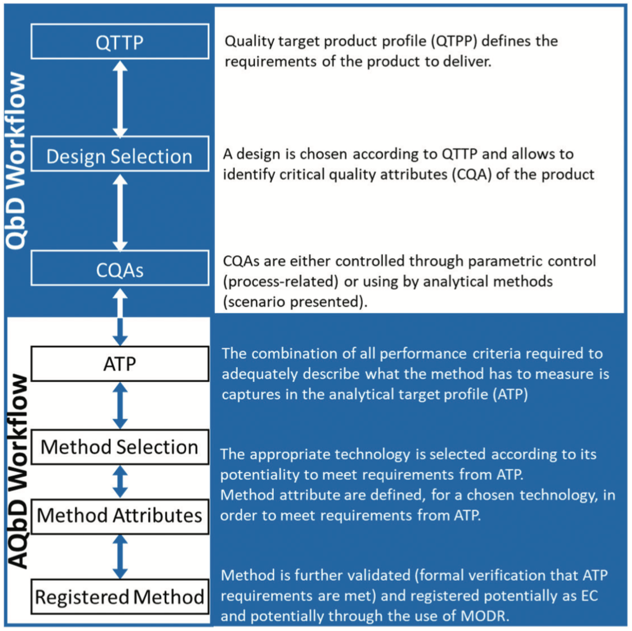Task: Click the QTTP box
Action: click(120, 42)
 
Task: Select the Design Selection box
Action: click(120, 153)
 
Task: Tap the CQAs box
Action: click(120, 268)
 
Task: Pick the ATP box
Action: click(120, 363)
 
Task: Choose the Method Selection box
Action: click(120, 447)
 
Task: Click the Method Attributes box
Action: click(120, 516)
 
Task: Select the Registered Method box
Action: click(120, 597)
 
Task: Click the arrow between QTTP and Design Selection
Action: click(120, 98)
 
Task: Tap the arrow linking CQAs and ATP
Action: click(120, 317)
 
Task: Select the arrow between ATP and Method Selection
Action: click(120, 405)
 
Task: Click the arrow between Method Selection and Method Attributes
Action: click(120, 482)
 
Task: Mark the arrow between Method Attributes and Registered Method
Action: click(120, 557)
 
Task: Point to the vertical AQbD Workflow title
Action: click(18, 472)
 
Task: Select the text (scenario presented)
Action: click(295, 302)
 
